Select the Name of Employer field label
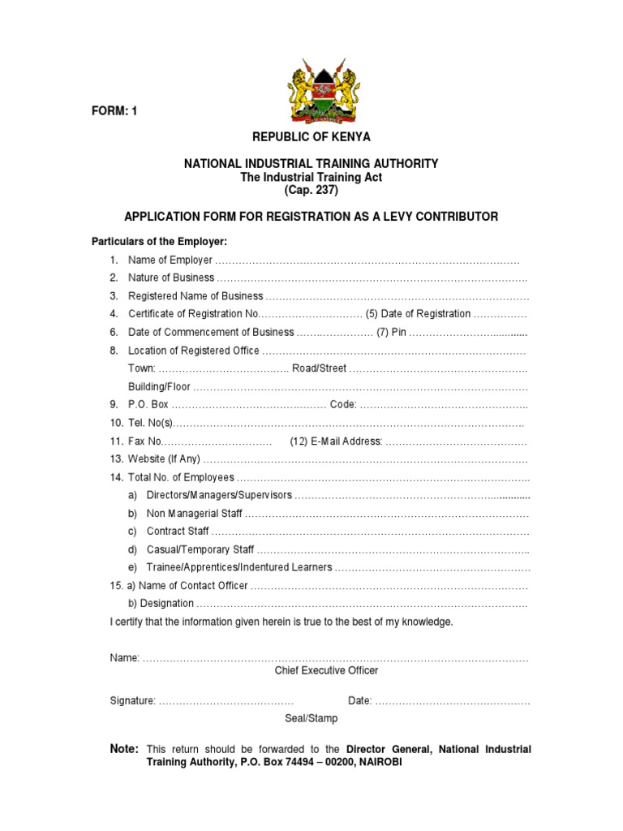pyautogui.click(x=170, y=260)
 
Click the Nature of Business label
pyautogui.click(x=171, y=278)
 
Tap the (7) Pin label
pyautogui.click(x=391, y=332)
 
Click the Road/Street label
pyautogui.click(x=320, y=368)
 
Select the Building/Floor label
pyautogui.click(x=160, y=387)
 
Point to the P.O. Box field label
pyautogui.click(x=148, y=405)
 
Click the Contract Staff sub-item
pyautogui.click(x=178, y=532)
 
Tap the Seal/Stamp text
pyautogui.click(x=311, y=719)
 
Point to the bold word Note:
pyautogui.click(x=124, y=749)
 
